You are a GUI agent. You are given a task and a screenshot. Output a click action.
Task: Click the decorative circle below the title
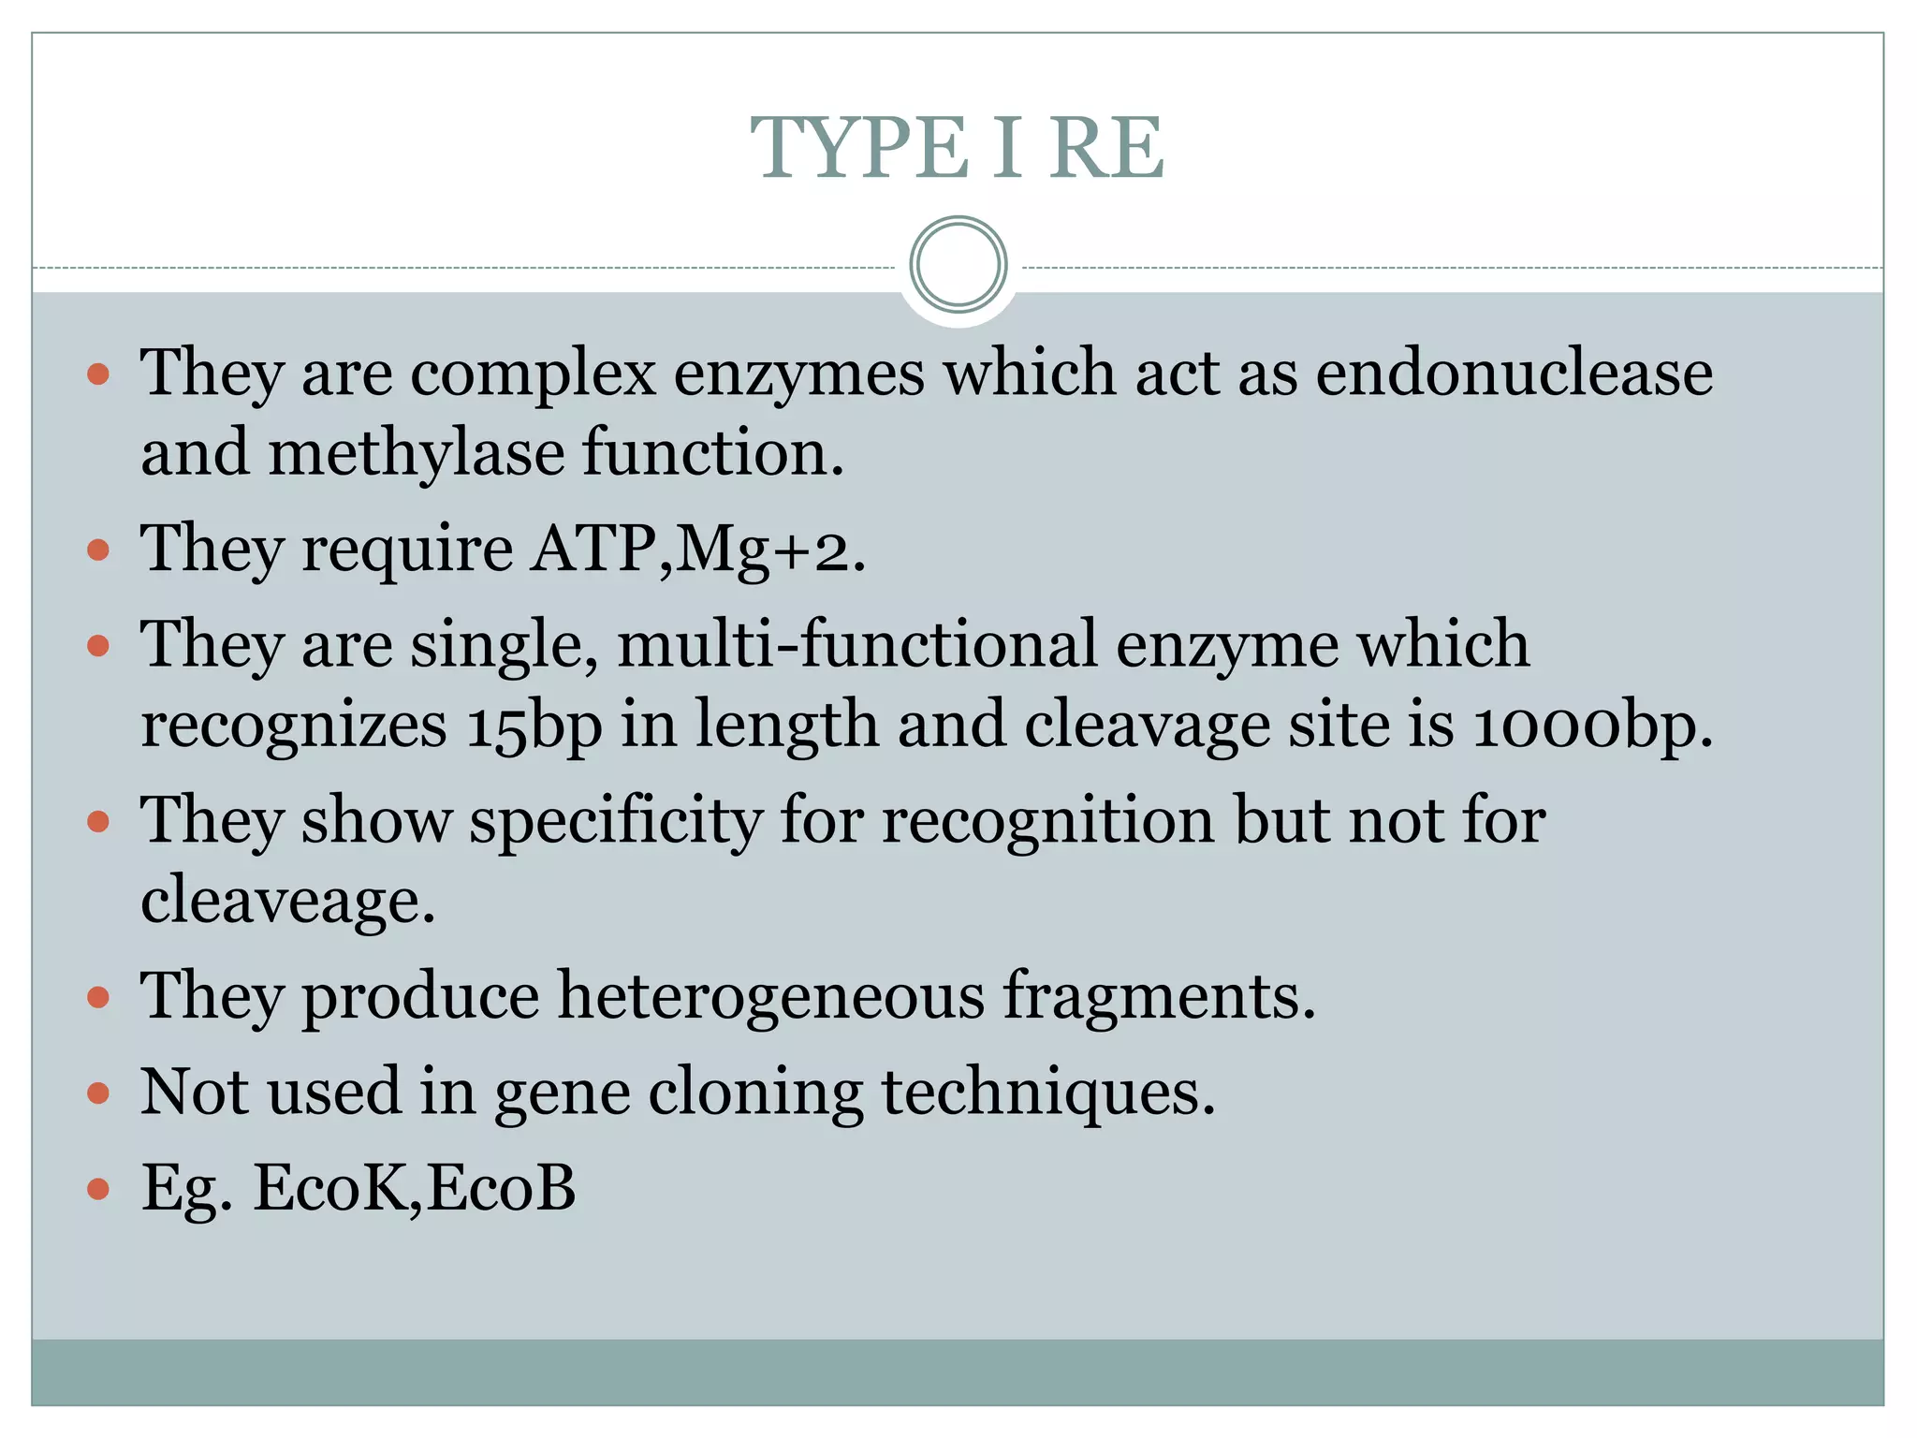pos(958,265)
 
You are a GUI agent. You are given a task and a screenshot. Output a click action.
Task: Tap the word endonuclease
pos(1514,373)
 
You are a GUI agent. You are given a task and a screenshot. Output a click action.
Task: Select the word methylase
pos(417,453)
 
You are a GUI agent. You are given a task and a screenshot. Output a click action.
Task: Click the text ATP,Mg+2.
pos(697,549)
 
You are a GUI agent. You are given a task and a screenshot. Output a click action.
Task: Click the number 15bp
pos(534,726)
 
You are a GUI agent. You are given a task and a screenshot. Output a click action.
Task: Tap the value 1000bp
pos(1591,726)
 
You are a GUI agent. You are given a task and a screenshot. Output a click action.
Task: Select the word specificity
pos(615,821)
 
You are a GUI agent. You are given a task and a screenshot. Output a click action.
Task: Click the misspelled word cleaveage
pos(288,901)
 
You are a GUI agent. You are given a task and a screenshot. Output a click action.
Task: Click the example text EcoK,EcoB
pos(414,1188)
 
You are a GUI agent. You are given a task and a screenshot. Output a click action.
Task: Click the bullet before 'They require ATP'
pos(98,550)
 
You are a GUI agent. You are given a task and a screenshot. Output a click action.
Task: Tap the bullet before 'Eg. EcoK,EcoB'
pos(98,1189)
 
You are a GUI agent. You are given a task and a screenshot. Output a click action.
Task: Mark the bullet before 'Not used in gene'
pos(98,1093)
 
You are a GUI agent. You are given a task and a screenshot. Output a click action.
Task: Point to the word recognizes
pos(294,726)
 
